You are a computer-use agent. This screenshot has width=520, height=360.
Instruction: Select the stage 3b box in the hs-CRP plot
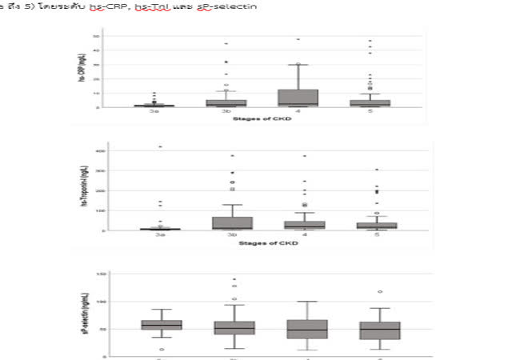pyautogui.click(x=226, y=102)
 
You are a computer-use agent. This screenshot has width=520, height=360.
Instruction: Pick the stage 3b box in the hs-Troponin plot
pyautogui.click(x=226, y=222)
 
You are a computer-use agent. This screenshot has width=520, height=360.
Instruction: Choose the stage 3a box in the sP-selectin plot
pyautogui.click(x=161, y=325)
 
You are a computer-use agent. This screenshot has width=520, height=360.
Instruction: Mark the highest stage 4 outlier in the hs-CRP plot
pyautogui.click(x=298, y=39)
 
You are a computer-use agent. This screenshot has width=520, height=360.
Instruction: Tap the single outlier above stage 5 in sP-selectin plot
pyautogui.click(x=369, y=292)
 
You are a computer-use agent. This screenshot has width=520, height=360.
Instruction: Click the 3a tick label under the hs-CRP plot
pyautogui.click(x=159, y=114)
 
